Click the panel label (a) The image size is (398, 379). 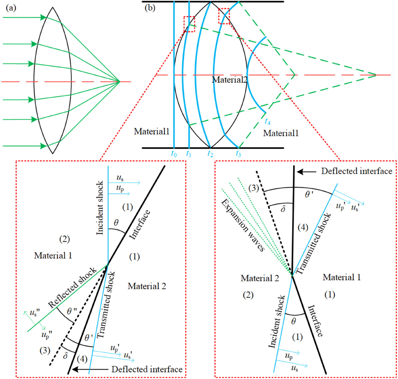tap(11, 8)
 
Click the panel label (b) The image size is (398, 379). tap(150, 8)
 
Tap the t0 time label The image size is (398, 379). tap(174, 154)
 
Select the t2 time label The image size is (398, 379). tap(210, 154)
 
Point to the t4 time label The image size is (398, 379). tap(267, 122)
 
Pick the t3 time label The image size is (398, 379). tap(238, 154)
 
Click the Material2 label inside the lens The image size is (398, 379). tap(230, 80)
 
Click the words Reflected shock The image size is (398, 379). tap(72, 288)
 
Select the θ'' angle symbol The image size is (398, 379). tap(71, 311)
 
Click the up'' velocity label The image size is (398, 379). tap(46, 335)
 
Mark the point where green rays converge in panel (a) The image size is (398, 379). tap(120, 82)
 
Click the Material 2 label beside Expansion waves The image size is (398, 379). tap(260, 278)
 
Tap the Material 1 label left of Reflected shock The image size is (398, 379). tap(53, 256)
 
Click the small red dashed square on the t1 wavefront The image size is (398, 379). tap(189, 24)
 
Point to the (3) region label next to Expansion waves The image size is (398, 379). tap(254, 188)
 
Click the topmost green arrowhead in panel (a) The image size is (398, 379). tap(43, 18)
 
